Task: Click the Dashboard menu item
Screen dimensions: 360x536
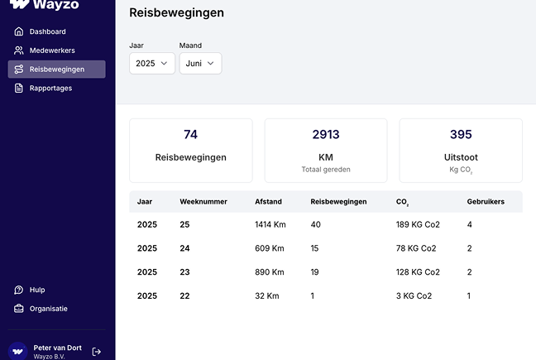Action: point(47,31)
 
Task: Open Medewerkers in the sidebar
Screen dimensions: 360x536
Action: point(51,50)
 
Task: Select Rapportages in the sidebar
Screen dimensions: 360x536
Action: point(50,89)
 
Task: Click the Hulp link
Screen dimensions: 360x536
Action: point(37,290)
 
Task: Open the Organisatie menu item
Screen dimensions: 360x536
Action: point(48,309)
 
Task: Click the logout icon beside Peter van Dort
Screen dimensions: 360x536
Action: point(97,352)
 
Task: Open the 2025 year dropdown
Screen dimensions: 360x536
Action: point(151,63)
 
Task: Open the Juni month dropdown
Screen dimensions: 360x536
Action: point(200,63)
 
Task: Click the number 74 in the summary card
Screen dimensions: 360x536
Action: point(190,134)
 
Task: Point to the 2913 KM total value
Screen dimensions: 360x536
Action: point(325,134)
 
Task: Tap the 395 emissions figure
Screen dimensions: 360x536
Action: point(461,134)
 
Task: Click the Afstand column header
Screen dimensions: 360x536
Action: point(268,202)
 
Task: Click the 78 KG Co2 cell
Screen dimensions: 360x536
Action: point(418,248)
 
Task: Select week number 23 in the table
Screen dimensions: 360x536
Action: point(184,272)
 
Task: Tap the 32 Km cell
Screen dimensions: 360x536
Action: point(266,295)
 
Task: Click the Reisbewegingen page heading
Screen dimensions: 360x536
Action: point(176,12)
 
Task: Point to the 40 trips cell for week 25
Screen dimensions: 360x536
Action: point(315,224)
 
